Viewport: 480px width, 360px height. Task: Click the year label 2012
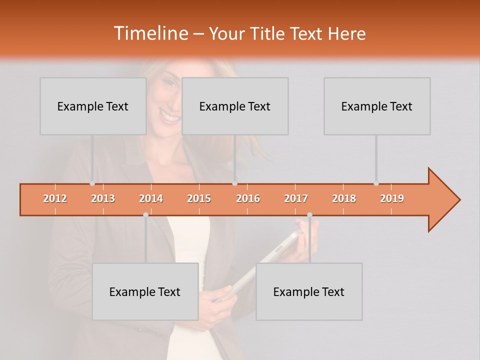point(55,198)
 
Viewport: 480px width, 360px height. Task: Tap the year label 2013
point(103,198)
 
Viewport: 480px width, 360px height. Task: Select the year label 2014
point(151,198)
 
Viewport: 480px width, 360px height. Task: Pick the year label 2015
point(199,198)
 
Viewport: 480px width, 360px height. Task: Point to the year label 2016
point(248,198)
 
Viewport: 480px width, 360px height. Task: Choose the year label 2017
point(296,198)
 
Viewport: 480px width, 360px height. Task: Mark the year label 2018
point(344,198)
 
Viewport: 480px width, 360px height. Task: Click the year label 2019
point(392,198)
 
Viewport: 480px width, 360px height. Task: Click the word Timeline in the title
point(150,33)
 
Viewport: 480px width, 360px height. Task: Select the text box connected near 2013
point(93,106)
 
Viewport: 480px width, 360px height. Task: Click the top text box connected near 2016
point(235,106)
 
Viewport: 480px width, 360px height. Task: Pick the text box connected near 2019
point(377,106)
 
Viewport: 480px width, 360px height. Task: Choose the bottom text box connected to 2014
point(145,291)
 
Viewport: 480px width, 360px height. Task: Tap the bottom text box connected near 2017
point(309,291)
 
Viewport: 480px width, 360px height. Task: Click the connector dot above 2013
point(92,183)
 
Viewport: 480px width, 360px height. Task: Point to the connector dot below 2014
point(145,215)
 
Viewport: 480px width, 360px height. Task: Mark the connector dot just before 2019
point(376,183)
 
